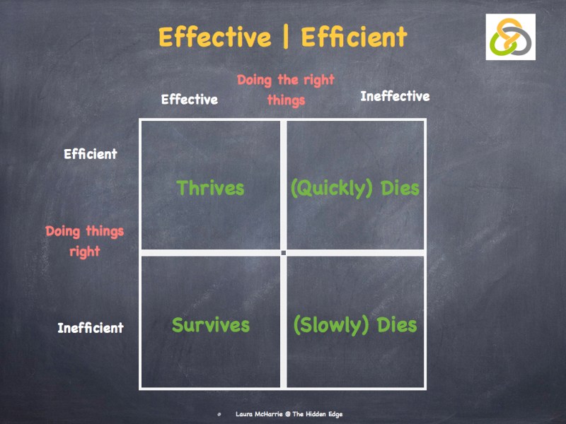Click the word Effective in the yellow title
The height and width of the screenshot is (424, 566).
pos(214,37)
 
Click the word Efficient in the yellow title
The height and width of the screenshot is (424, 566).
pos(354,37)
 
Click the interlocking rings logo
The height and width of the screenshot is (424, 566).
pos(510,37)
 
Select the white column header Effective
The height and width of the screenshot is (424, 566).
pos(189,100)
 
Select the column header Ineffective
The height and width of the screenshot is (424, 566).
pos(395,96)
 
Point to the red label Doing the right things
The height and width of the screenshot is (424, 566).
pos(286,90)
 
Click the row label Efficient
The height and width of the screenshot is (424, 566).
pos(91,154)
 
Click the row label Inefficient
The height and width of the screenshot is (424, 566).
pos(91,328)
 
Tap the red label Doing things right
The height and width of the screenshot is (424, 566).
pos(85,241)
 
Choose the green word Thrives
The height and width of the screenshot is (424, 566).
pos(210,188)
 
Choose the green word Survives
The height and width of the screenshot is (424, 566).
pos(211,325)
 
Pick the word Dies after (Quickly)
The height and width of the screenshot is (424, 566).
pos(400,189)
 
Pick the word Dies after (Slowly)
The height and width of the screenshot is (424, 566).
pos(397,326)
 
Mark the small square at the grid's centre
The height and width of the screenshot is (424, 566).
pos(283,252)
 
